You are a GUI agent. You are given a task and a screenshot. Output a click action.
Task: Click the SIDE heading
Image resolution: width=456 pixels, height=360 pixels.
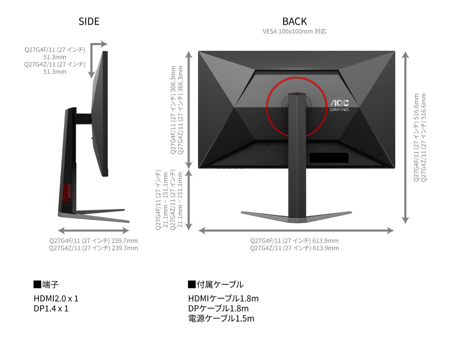(89, 21)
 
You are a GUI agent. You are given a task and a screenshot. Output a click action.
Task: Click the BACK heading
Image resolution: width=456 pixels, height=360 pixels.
(295, 21)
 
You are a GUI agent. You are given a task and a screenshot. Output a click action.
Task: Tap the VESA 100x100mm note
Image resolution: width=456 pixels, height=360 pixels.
(294, 31)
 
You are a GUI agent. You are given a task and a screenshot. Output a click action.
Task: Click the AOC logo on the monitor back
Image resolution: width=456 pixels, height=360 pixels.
(339, 103)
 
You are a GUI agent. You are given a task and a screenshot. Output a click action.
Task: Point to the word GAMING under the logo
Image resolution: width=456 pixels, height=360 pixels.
(339, 110)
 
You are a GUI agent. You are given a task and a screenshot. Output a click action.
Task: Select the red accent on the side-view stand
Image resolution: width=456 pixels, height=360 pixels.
(67, 192)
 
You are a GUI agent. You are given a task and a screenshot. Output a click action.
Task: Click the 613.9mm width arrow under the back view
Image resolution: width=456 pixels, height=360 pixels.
(296, 231)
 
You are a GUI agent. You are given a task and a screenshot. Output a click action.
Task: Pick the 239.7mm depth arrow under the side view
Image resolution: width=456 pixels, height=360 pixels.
(93, 231)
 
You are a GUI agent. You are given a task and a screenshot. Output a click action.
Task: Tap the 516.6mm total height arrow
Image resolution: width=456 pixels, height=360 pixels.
(405, 137)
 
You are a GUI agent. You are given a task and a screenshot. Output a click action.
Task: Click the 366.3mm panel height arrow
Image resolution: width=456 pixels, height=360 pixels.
(189, 110)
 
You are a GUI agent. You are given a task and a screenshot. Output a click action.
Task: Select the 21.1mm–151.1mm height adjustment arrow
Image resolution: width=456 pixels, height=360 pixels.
(189, 200)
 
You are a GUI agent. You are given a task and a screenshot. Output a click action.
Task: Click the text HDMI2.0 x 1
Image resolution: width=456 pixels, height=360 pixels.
(56, 298)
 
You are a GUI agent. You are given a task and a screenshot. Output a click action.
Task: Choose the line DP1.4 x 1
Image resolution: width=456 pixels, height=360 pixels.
(51, 308)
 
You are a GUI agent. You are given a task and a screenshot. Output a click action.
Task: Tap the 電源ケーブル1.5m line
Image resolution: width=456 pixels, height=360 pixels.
(221, 318)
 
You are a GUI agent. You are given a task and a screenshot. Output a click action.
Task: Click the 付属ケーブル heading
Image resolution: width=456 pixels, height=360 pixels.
(216, 284)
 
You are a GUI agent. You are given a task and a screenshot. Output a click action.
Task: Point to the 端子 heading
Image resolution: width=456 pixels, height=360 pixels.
(46, 284)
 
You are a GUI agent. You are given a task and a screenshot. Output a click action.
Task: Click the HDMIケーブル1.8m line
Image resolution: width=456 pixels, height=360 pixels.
(223, 298)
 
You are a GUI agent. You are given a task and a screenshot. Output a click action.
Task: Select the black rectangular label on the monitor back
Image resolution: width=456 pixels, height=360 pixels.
(329, 158)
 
